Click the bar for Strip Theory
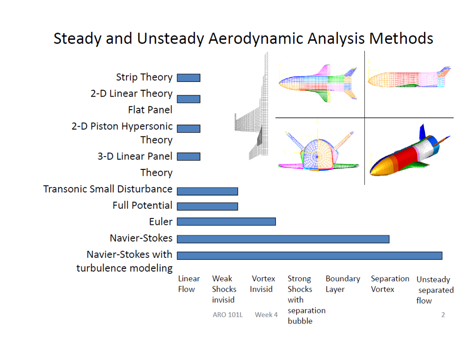coord(188,78)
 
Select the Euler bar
coord(226,222)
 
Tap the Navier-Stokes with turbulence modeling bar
coord(309,255)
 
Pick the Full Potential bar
coord(207,206)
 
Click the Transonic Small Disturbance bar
coord(207,191)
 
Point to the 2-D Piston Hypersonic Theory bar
coord(188,129)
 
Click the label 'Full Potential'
coord(142,205)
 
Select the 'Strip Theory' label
coord(144,77)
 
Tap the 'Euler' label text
coord(160,222)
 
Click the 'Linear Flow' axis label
coord(189,284)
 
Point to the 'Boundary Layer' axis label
coord(343,284)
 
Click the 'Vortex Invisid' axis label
coord(262,284)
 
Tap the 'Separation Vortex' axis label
coord(390,284)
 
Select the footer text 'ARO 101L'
coord(227,315)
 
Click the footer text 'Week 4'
coord(266,315)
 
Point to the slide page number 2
coord(443,315)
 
